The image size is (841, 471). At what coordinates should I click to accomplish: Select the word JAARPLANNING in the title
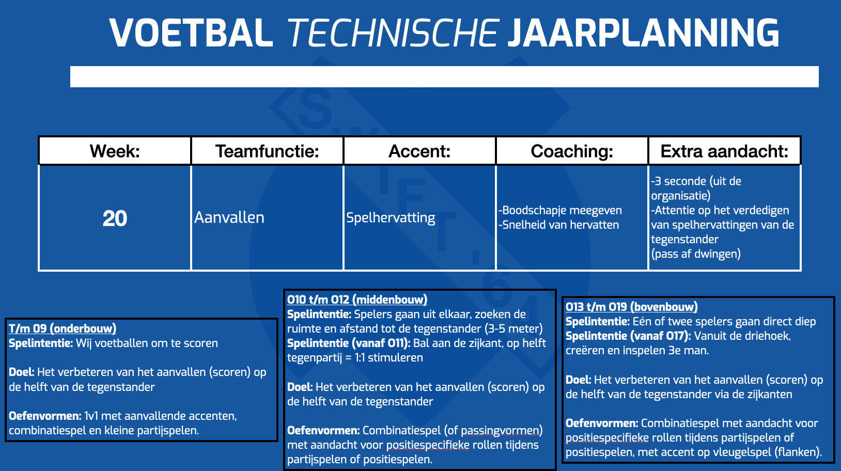coord(644,33)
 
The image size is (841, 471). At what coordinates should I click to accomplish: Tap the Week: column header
coord(115,151)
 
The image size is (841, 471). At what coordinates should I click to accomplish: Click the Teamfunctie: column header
coord(267,151)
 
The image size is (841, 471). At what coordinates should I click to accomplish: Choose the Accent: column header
coord(419,151)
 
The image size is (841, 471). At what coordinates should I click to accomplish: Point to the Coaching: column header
coord(572,151)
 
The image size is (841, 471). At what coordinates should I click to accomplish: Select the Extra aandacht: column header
coord(724,151)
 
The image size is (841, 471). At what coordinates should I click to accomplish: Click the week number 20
coord(115,218)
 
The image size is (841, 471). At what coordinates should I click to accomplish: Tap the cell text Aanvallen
coord(229,217)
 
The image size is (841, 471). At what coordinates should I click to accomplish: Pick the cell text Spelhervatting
coord(391,218)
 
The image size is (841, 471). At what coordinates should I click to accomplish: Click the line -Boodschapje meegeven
coord(560,210)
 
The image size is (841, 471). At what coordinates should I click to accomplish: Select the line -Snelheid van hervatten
coord(558,225)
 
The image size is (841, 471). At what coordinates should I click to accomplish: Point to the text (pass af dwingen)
coord(696,254)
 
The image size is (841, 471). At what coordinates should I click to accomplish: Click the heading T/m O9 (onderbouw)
coord(63,329)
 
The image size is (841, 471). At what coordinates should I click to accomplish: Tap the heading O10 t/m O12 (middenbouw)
coord(357,300)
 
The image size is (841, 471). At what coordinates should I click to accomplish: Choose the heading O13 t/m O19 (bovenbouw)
coord(632,307)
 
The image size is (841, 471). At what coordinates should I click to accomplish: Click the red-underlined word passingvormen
coord(502,431)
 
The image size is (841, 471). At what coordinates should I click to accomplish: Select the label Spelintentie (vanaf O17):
coord(628,336)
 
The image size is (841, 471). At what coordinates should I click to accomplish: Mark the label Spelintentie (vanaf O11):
coord(349,343)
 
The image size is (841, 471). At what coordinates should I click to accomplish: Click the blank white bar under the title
coord(445,77)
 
